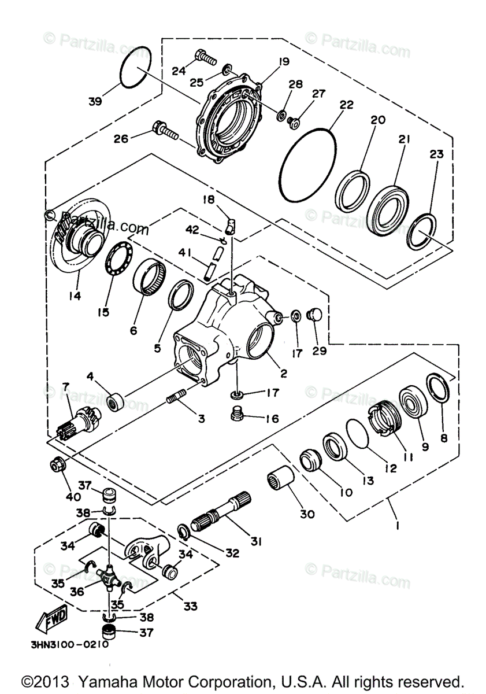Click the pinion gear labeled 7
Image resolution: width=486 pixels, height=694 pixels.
pyautogui.click(x=79, y=420)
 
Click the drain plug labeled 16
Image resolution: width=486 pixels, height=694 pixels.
pyautogui.click(x=237, y=414)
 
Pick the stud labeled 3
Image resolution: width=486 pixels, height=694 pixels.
pyautogui.click(x=175, y=398)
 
